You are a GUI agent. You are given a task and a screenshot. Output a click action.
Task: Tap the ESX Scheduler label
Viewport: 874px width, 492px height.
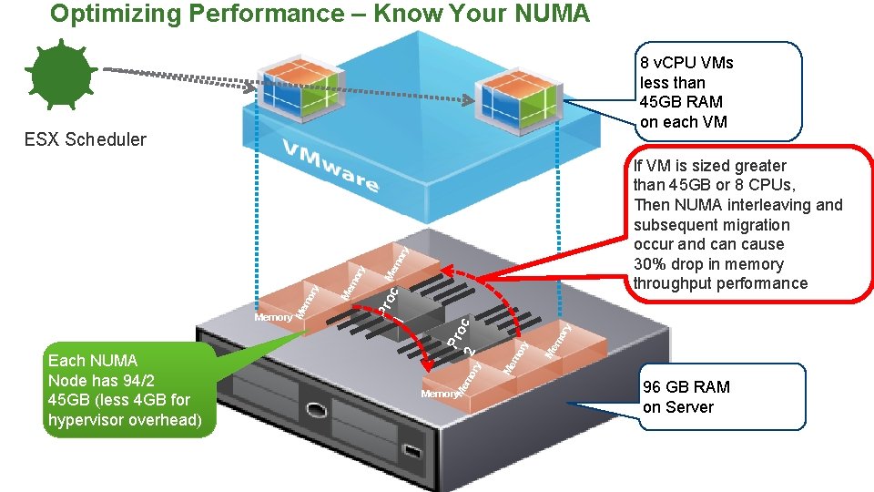pos(85,139)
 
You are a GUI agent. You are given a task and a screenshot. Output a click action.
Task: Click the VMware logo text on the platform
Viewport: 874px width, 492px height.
pos(330,166)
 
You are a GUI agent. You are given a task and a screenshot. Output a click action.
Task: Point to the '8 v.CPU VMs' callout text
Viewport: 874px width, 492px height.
pos(686,63)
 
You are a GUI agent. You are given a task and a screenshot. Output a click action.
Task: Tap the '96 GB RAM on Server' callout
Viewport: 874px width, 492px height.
pos(686,397)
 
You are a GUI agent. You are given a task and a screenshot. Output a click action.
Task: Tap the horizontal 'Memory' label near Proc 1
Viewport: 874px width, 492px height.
pos(273,317)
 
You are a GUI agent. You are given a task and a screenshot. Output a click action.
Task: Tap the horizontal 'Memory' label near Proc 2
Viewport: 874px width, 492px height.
pos(439,394)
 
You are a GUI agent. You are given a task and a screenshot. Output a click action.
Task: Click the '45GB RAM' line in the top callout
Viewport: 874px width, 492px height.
pos(681,102)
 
